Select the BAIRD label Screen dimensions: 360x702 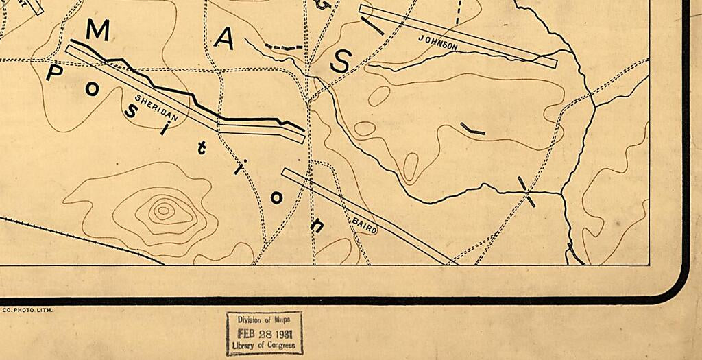(x=365, y=224)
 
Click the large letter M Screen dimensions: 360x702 (x=98, y=30)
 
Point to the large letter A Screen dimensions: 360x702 (x=224, y=40)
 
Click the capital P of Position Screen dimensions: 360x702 (x=53, y=73)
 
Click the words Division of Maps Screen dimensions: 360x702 (x=264, y=320)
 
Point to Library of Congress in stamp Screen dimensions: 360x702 (x=264, y=346)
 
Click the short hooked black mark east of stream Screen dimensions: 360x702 (x=472, y=129)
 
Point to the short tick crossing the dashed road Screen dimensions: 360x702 (x=526, y=191)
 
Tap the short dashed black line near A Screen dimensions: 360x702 (x=283, y=47)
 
